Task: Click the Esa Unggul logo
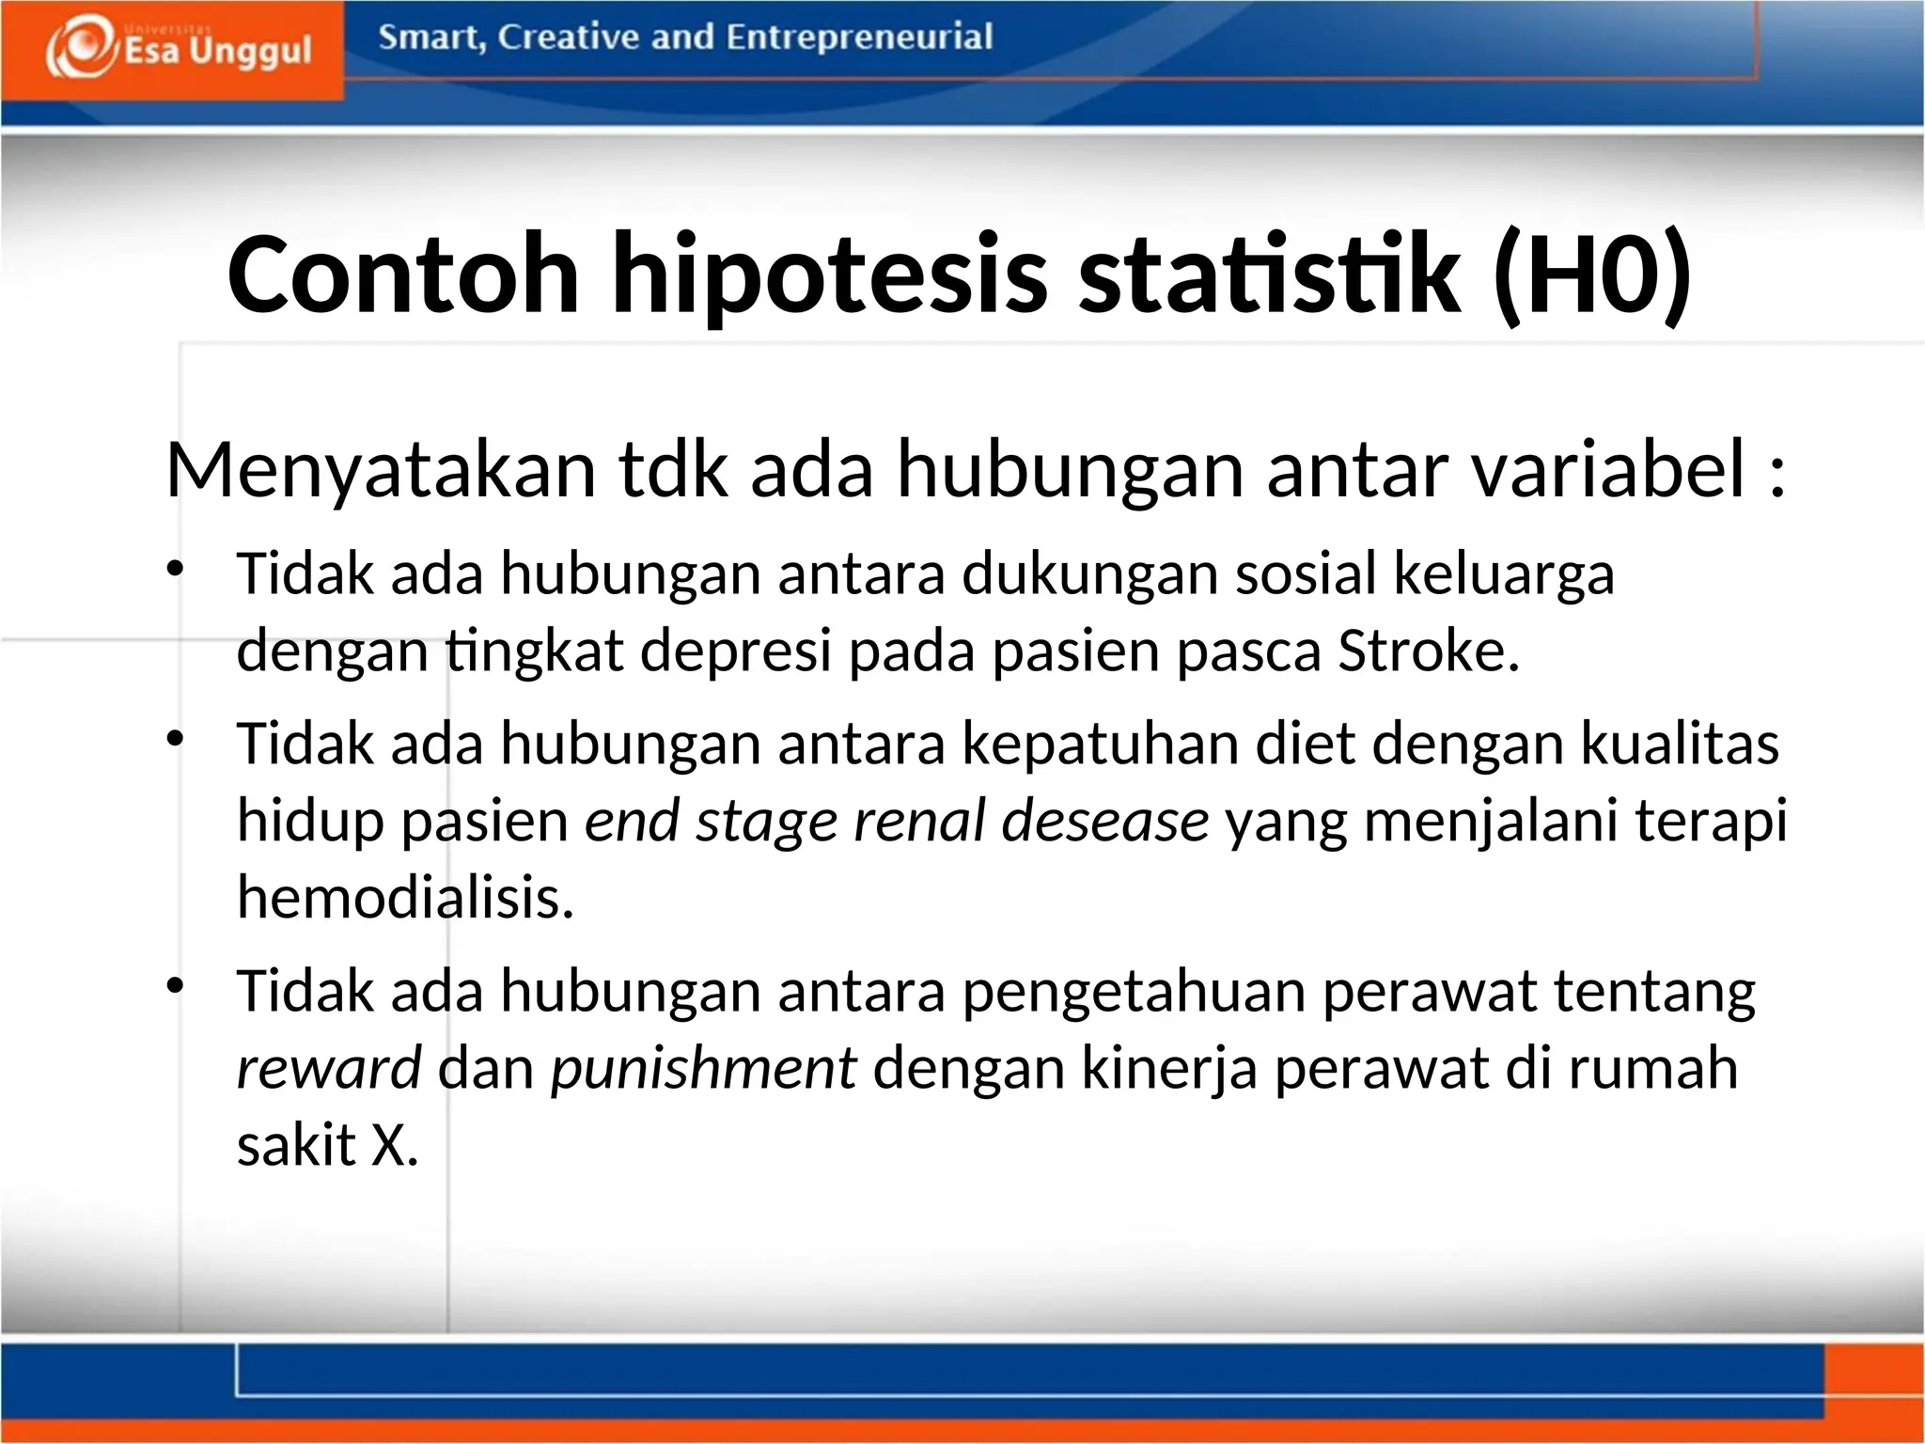click(179, 47)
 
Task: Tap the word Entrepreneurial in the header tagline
click(858, 38)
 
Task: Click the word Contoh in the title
click(403, 275)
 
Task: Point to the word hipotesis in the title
click(829, 275)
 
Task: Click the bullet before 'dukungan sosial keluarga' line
click(176, 569)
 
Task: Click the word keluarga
click(1503, 573)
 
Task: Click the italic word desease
click(1104, 821)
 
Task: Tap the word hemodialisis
click(404, 897)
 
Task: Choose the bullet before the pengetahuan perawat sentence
click(176, 986)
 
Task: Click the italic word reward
click(329, 1069)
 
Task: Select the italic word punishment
click(703, 1069)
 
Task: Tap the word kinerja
click(1169, 1069)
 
